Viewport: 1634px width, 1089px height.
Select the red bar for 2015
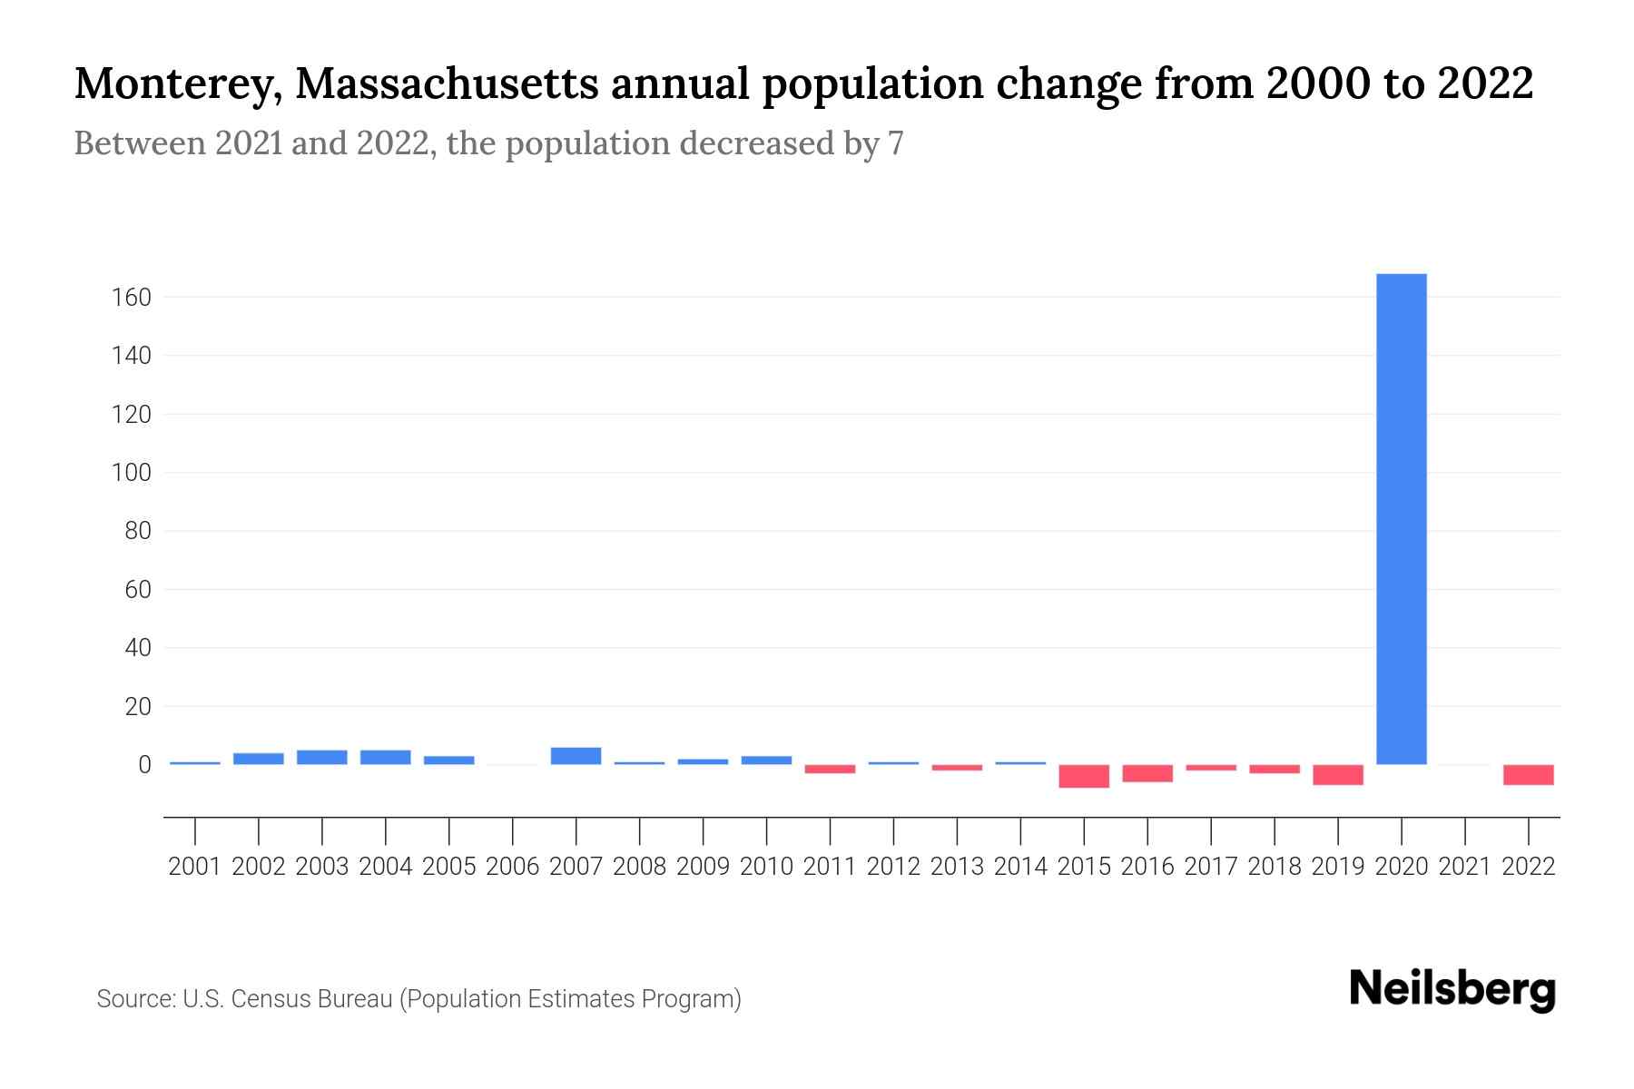[1084, 776]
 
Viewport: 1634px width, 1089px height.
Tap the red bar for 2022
[1529, 774]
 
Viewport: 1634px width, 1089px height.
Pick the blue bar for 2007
[576, 756]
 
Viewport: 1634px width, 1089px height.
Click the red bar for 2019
[1338, 774]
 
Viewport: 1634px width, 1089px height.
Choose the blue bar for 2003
[322, 757]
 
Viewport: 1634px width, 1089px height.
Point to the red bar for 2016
[1147, 773]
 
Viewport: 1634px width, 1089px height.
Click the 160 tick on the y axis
[132, 298]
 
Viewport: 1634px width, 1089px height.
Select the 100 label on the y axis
[132, 473]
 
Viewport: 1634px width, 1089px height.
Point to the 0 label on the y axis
[144, 765]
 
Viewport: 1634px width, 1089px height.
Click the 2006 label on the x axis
[513, 867]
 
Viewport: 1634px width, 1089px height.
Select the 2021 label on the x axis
[1465, 867]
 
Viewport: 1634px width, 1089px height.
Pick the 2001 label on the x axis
[195, 867]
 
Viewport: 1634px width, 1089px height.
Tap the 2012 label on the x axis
[893, 867]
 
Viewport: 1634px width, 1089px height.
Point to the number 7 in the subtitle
[896, 143]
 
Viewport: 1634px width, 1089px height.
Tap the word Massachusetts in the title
[446, 84]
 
